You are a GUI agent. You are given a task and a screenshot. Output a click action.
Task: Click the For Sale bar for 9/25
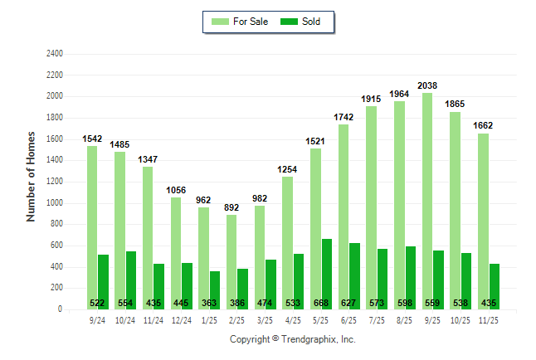tap(427, 199)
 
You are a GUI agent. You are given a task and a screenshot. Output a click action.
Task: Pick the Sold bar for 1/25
tap(215, 286)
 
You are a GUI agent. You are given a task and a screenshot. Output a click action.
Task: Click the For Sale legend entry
tap(241, 22)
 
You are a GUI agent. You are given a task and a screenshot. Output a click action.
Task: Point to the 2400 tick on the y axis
tap(55, 54)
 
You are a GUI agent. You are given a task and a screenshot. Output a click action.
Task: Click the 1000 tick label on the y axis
tap(55, 203)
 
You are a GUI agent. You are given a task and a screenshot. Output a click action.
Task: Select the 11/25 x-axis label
tap(489, 319)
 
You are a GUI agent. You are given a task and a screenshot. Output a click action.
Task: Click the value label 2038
tap(427, 85)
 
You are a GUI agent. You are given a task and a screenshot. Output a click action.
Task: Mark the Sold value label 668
tap(321, 303)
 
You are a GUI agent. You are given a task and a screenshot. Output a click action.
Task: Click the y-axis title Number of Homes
tap(32, 176)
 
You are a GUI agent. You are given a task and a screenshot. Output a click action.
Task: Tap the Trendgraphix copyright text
tap(292, 339)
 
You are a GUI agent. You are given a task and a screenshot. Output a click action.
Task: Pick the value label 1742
tap(344, 117)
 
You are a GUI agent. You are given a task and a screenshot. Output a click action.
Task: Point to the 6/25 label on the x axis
tap(349, 319)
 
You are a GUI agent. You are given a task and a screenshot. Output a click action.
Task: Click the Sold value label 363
tap(209, 303)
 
